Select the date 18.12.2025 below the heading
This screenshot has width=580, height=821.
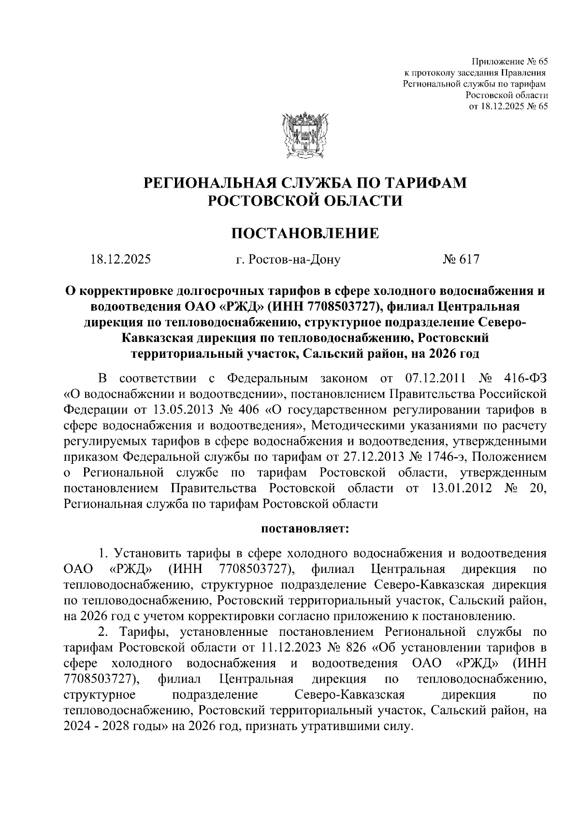121,260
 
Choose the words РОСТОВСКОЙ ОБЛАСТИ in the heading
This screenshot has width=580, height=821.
304,201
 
